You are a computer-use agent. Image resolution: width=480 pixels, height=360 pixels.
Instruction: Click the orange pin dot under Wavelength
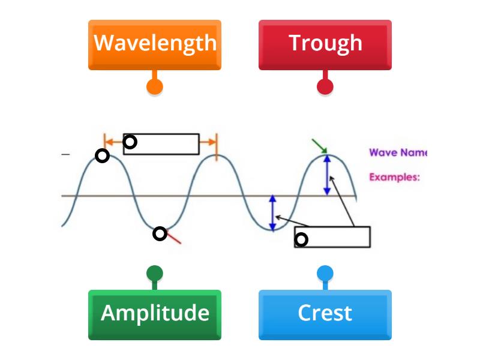click(155, 86)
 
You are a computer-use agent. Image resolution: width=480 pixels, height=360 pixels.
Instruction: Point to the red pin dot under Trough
click(325, 86)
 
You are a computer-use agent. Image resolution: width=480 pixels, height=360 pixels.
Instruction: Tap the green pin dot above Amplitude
click(155, 274)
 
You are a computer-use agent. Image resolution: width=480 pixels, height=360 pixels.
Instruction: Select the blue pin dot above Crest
click(325, 274)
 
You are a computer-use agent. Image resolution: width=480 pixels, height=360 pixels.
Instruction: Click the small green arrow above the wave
click(320, 146)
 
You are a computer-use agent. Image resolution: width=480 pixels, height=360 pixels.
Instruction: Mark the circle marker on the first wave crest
click(103, 156)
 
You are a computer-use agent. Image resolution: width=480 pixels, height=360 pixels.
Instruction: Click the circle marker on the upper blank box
click(130, 142)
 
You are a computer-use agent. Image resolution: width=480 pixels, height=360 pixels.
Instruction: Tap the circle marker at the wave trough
click(160, 233)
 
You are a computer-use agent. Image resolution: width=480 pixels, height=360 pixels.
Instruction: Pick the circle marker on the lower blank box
click(301, 240)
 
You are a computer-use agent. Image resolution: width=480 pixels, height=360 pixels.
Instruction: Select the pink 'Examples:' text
click(394, 177)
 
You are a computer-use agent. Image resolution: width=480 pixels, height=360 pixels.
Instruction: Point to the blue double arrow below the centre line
click(272, 213)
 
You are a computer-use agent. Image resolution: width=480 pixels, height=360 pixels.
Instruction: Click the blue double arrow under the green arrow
click(327, 175)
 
